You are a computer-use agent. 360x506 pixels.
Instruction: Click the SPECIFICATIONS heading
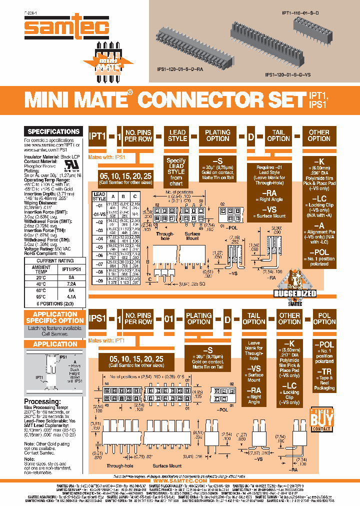click(x=53, y=131)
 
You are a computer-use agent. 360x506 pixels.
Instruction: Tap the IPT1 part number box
click(x=97, y=135)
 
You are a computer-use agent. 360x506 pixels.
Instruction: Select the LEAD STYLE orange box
click(x=177, y=135)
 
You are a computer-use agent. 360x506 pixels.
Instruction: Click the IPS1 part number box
click(x=97, y=318)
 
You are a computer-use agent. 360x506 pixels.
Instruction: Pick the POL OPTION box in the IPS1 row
click(x=324, y=318)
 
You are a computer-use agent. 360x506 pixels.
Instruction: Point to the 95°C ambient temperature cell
click(x=40, y=296)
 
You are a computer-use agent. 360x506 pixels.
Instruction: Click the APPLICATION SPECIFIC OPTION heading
click(x=55, y=317)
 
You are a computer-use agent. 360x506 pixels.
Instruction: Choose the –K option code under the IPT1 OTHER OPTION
click(x=319, y=161)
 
